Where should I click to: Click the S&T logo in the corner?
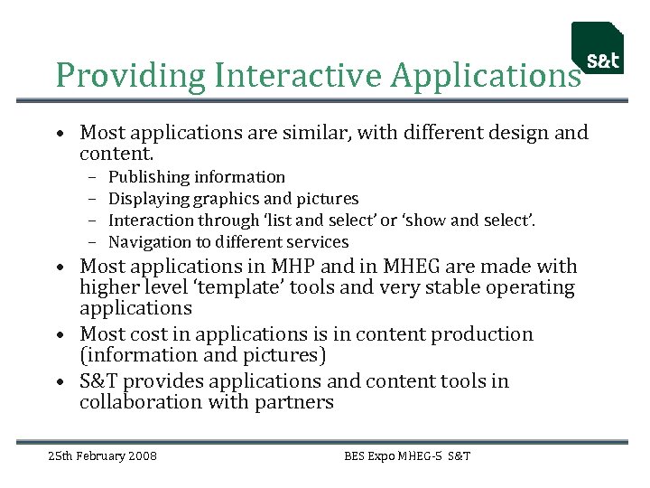[598, 48]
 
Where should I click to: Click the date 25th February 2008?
[102, 455]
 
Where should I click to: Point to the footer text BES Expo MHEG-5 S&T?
[407, 455]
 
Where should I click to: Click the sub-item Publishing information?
[196, 177]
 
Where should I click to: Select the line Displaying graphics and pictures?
[233, 199]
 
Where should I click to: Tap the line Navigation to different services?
[227, 242]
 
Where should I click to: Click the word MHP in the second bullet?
[293, 267]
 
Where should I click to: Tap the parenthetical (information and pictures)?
[202, 356]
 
